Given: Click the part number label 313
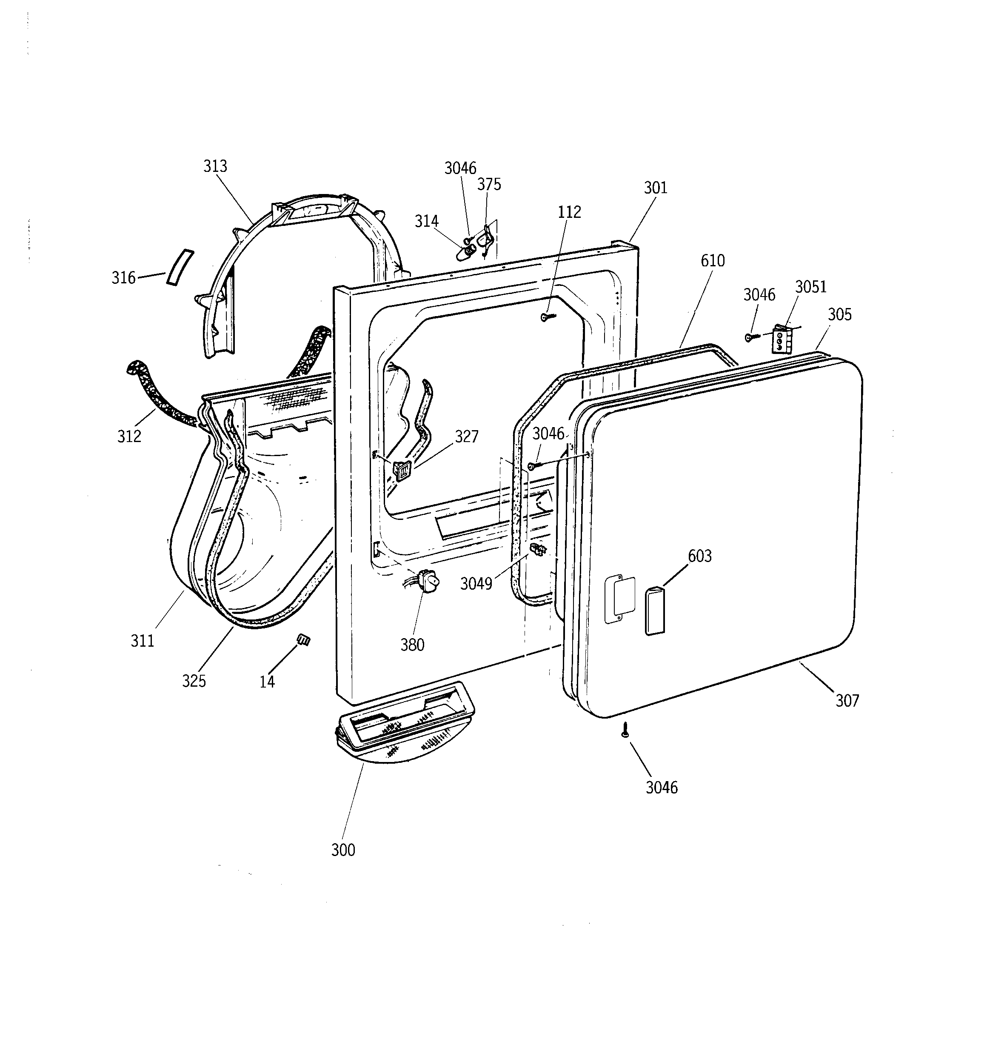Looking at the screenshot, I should coord(215,166).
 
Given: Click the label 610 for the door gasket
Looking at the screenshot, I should coord(713,261).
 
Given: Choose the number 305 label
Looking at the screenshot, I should coord(840,315).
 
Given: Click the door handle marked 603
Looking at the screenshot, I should coord(654,610).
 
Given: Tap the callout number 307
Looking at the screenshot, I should coord(847,700).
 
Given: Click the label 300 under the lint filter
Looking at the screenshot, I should coord(343,850).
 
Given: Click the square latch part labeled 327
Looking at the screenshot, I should coord(401,469).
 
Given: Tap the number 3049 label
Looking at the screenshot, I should coord(476,584).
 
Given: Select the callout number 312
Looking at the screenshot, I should coord(129,436).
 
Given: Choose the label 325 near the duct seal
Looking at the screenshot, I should coord(194,681).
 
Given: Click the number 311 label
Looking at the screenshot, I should coord(142,641).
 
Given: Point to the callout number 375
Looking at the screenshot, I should coord(489,184).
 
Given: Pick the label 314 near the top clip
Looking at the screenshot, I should coord(426,221).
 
